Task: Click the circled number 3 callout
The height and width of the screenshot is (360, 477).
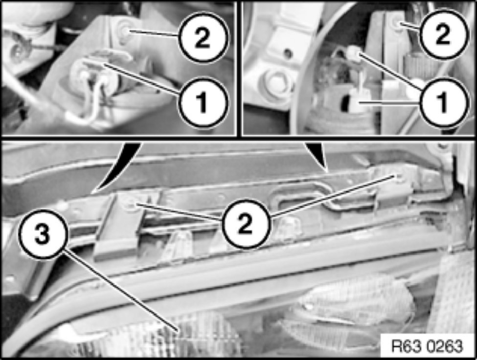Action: [x=42, y=235]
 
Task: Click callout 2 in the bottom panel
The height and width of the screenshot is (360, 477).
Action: [x=245, y=225]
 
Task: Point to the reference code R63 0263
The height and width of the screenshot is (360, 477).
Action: [x=428, y=346]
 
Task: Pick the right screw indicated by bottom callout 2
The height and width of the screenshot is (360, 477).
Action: [x=399, y=177]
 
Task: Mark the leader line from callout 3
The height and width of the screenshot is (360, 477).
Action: [x=120, y=291]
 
